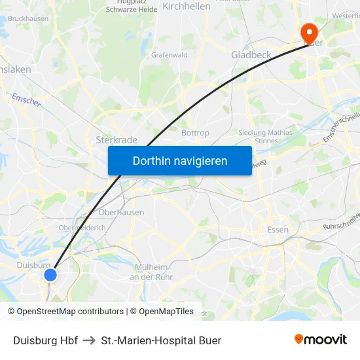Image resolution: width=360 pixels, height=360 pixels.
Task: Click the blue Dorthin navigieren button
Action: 180,160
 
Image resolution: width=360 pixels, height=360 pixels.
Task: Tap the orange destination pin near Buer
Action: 308,33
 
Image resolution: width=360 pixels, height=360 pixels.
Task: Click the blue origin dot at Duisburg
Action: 50,274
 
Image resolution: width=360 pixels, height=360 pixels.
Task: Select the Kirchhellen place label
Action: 187,6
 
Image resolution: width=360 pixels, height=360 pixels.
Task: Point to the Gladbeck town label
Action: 251,55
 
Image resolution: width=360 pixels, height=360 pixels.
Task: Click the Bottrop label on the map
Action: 195,132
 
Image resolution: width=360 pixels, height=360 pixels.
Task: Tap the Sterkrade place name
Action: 117,139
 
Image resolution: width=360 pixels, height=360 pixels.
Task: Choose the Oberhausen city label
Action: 121,212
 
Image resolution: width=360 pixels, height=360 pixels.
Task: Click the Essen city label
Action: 278,229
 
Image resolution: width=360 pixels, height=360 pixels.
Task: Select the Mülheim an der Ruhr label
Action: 151,272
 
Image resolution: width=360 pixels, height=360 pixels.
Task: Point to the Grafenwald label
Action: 170,55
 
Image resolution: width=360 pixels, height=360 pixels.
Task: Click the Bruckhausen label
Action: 28,19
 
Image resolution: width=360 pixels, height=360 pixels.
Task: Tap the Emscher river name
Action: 26,100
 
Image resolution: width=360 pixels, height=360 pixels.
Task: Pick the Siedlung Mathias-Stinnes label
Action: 266,136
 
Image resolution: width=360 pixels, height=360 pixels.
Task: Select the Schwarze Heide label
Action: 131,9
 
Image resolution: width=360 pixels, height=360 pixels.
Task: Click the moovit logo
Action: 321,339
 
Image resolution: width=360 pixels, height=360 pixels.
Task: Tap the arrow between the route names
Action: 90,340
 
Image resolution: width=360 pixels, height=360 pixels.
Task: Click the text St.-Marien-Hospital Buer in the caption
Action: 161,340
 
